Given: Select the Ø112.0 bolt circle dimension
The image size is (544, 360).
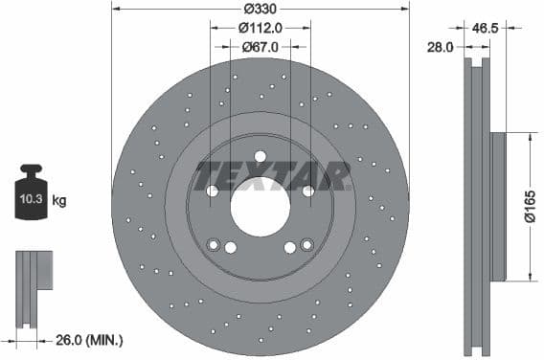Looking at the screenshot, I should click(x=261, y=27).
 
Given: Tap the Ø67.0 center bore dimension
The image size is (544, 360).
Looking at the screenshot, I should click(x=261, y=46).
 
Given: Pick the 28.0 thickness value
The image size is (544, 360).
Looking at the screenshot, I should click(x=441, y=45).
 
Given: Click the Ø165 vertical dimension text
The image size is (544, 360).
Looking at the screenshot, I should click(x=530, y=206).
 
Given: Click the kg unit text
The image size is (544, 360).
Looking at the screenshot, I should click(x=58, y=201).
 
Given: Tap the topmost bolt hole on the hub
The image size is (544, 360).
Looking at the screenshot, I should click(x=261, y=158).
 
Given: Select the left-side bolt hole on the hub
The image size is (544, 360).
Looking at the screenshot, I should click(x=213, y=191).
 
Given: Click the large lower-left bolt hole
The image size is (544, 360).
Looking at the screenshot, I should click(x=230, y=247).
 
